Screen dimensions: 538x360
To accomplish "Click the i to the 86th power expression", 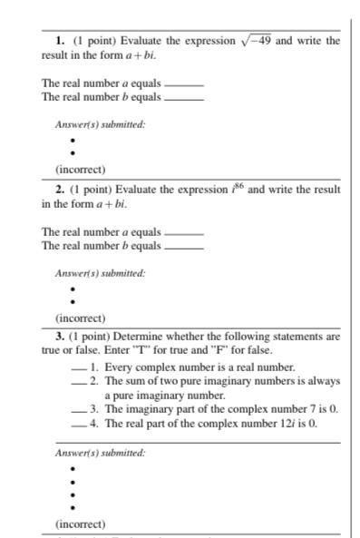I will [238, 189].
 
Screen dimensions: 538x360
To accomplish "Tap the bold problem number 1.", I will [59, 41].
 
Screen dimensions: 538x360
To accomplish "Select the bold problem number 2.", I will [59, 190].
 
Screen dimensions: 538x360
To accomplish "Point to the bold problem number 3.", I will [59, 336].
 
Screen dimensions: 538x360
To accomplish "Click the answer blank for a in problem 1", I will [183, 84].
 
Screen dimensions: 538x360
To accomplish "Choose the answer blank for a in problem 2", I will [183, 232].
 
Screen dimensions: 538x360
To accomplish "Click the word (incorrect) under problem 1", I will [80, 170].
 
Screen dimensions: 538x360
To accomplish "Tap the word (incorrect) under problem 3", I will [80, 523].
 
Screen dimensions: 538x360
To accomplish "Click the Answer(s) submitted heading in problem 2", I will [100, 272].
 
